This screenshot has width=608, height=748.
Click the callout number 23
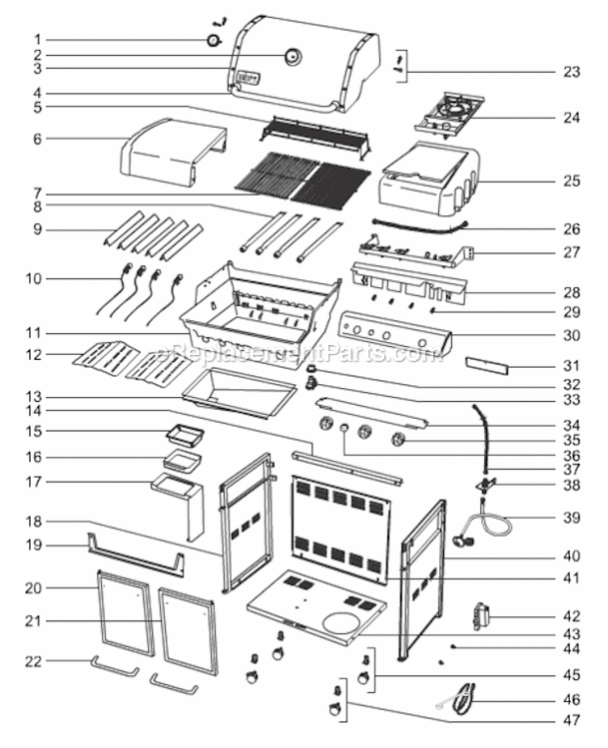click(x=572, y=72)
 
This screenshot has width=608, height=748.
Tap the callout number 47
click(x=572, y=720)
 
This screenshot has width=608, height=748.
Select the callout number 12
click(x=34, y=354)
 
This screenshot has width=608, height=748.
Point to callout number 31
click(x=572, y=366)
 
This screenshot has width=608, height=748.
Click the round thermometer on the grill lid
click(x=293, y=56)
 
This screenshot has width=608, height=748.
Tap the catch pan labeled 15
click(x=185, y=433)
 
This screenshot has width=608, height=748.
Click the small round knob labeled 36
click(x=344, y=429)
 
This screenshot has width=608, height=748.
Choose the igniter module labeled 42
click(x=481, y=616)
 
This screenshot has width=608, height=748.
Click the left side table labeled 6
click(x=173, y=152)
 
